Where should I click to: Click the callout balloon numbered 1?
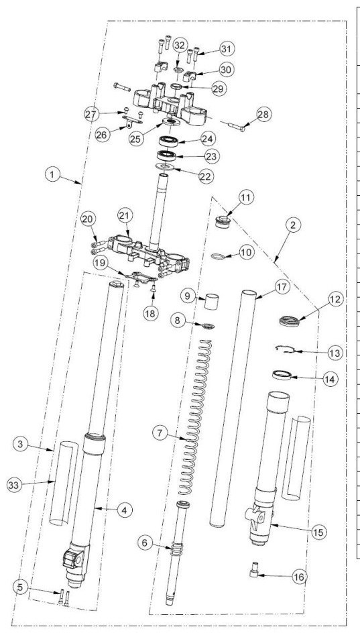[x=52, y=175]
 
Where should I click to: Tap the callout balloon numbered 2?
[x=293, y=225]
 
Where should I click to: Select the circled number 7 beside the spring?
[x=160, y=433]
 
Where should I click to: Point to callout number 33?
[x=14, y=485]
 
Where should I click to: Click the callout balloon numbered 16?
[x=299, y=577]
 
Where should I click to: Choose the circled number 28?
[x=263, y=114]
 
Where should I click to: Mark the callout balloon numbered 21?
[x=125, y=215]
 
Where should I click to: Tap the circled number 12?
[x=335, y=300]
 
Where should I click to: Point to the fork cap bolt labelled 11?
[x=223, y=222]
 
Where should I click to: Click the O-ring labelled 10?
[x=218, y=256]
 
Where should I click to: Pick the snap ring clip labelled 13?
[x=286, y=349]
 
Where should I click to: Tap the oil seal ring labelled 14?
[x=282, y=375]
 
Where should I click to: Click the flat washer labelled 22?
[x=165, y=166]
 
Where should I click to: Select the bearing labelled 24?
[x=168, y=141]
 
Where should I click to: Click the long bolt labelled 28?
[x=233, y=125]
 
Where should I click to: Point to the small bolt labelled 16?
[x=254, y=570]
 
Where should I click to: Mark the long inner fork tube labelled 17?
[x=233, y=408]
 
